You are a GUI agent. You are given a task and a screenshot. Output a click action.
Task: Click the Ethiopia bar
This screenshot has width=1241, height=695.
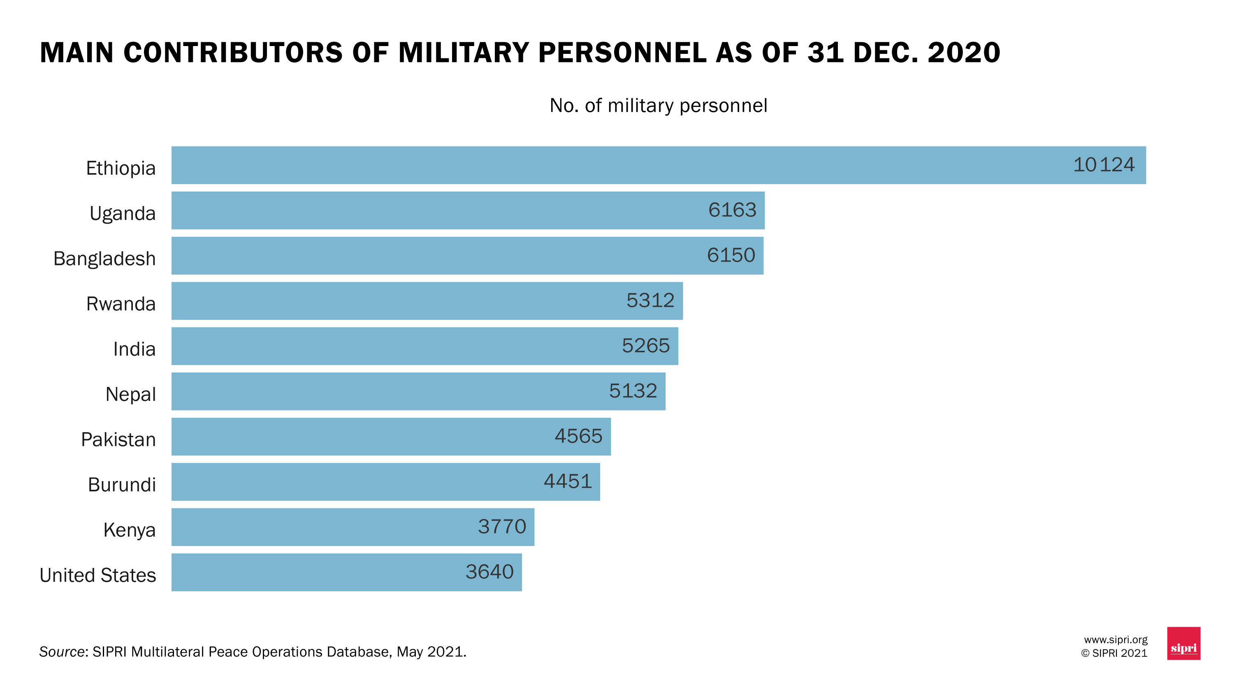pos(658,165)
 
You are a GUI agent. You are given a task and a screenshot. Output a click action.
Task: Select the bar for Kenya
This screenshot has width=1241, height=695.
pos(353,527)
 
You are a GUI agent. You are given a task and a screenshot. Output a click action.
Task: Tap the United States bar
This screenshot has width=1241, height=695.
pos(346,572)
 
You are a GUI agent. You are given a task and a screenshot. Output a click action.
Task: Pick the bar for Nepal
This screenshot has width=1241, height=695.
pos(418,391)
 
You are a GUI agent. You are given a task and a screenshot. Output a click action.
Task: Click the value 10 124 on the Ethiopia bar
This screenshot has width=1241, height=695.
pos(1103,165)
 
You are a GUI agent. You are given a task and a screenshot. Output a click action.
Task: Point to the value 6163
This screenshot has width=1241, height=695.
pos(732,210)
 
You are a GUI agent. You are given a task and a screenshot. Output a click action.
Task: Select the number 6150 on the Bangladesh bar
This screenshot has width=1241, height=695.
pos(731,255)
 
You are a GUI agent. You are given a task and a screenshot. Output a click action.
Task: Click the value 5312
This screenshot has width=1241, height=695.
pos(650,301)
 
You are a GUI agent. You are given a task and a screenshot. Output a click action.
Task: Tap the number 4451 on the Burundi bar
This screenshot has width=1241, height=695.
pos(568,481)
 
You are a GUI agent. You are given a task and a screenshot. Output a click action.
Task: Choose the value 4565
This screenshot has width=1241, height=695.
pos(578,436)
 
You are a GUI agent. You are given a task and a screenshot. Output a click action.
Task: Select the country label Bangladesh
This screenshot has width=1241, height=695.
pos(104,259)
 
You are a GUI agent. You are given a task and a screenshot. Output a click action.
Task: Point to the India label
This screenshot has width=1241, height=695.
pos(134,349)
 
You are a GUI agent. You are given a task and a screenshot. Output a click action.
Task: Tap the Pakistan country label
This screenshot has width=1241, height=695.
pos(118,440)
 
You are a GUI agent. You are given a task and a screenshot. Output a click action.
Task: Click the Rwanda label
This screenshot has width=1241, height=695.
pos(121,304)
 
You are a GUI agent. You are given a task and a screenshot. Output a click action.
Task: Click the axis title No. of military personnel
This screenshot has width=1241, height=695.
pos(658,105)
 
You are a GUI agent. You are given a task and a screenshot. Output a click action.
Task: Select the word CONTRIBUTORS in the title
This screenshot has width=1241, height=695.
pos(233,53)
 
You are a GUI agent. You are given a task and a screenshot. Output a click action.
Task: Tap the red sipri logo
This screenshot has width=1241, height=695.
pos(1183,644)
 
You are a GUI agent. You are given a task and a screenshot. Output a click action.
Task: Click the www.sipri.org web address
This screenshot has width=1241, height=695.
pos(1115,639)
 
